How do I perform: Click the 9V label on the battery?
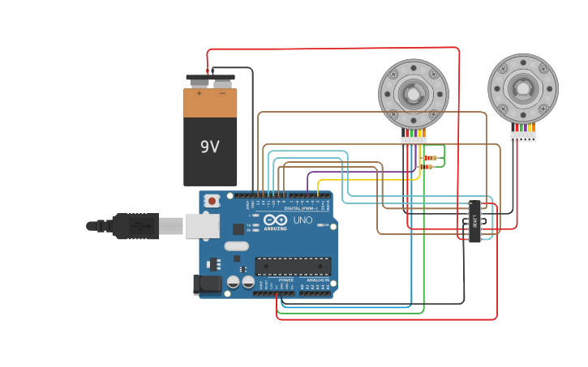(210, 147)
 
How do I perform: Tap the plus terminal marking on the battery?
(199, 93)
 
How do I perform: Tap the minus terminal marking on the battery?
(222, 93)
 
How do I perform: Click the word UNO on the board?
(303, 220)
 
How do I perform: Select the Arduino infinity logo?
(275, 220)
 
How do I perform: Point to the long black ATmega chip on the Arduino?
(293, 266)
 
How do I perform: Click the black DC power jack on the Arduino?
(207, 284)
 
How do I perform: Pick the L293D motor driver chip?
(474, 220)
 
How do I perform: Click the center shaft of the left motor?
(414, 94)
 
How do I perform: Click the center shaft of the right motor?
(523, 87)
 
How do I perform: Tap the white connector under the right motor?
(523, 136)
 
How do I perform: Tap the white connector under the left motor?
(414, 142)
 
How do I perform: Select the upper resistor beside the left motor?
(431, 157)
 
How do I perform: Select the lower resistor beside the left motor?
(426, 167)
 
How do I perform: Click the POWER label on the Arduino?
(285, 280)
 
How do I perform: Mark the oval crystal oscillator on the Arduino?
(236, 246)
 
